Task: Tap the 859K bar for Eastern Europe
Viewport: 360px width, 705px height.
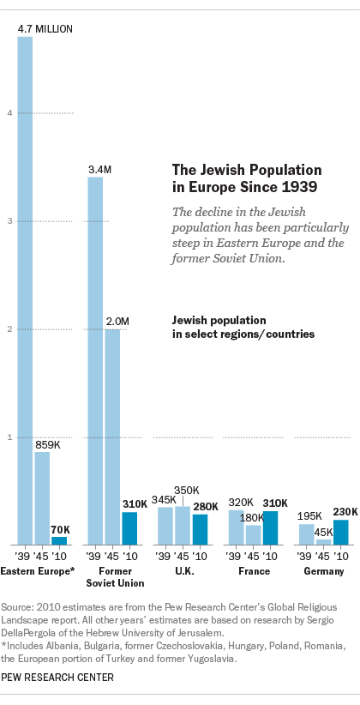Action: pos(42,497)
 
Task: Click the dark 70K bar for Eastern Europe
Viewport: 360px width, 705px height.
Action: pos(59,540)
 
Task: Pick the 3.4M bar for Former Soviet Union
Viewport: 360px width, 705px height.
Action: pos(95,360)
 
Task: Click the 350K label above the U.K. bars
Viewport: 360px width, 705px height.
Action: pos(188,490)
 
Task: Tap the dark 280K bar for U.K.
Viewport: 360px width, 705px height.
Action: pos(200,529)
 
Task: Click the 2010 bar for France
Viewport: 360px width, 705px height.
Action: pos(270,527)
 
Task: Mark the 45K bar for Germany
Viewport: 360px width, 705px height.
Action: pos(323,541)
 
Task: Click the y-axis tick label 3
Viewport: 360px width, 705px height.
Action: pos(9,221)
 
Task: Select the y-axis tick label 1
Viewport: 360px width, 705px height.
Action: pos(9,437)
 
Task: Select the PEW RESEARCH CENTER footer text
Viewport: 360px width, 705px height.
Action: pos(57,677)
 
